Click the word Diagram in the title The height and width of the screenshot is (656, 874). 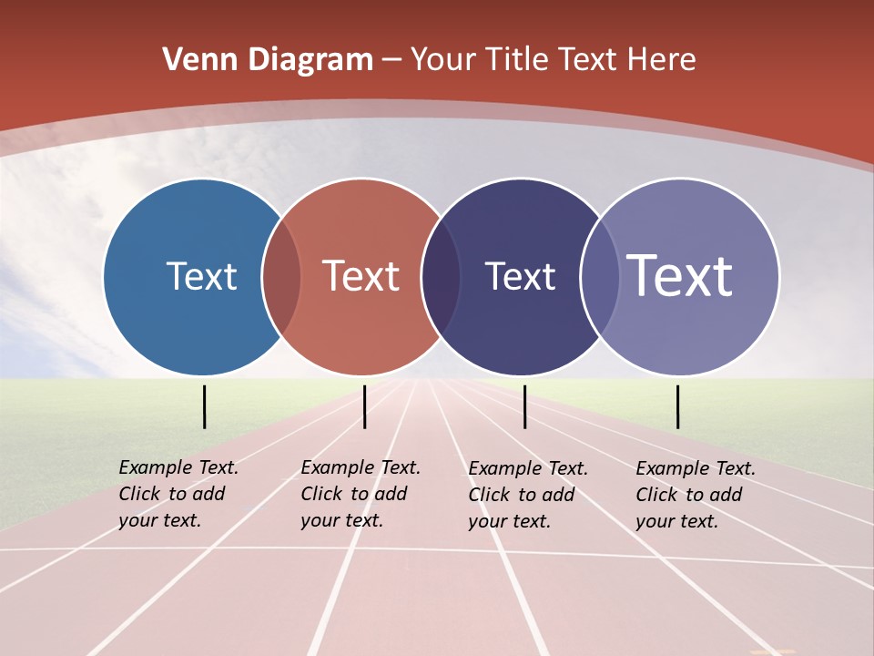coord(311,60)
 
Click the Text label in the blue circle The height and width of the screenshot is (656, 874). coord(201,276)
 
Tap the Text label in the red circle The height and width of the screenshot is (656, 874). coord(361,276)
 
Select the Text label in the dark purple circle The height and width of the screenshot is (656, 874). coord(520,276)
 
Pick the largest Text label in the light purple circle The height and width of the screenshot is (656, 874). coord(679,276)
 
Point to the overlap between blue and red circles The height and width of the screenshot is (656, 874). coord(281,276)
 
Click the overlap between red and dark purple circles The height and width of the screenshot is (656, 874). coord(441,276)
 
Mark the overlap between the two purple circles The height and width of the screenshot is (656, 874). coord(600,276)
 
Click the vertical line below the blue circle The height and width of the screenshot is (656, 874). coord(205,406)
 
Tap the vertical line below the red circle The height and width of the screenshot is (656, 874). coord(364,406)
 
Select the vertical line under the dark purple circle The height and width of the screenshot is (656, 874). coord(525,406)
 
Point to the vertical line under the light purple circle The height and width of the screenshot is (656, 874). coord(677,406)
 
